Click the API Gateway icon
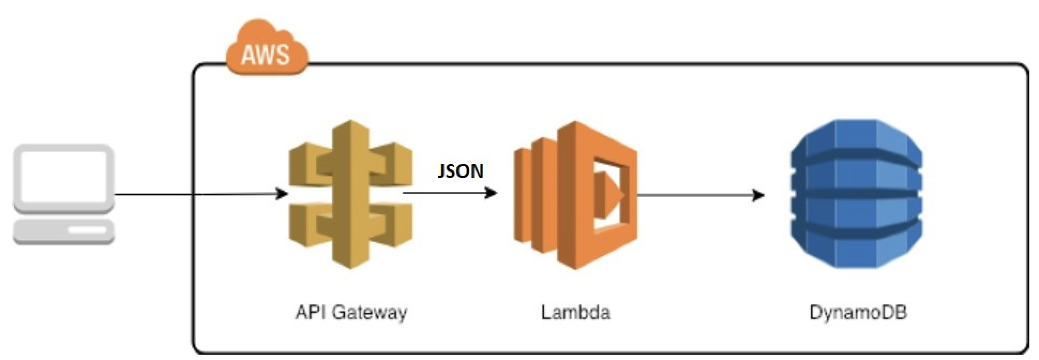click(351, 193)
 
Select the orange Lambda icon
click(575, 194)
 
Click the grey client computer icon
click(64, 194)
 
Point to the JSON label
click(461, 170)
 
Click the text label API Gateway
click(351, 312)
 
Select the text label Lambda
click(575, 312)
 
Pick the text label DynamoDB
click(857, 312)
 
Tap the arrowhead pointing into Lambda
click(491, 192)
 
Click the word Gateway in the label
click(370, 312)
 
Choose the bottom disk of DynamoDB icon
click(856, 246)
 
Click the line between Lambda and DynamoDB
click(696, 194)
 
